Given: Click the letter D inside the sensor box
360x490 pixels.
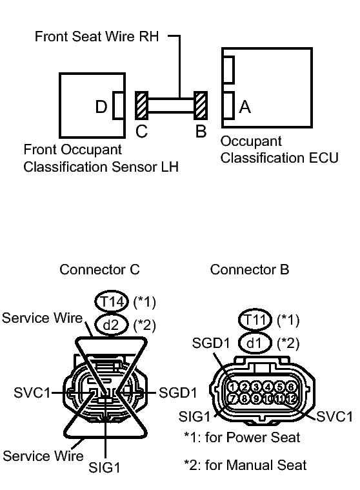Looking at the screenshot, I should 101,107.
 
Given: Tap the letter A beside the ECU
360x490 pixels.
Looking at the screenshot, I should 245,107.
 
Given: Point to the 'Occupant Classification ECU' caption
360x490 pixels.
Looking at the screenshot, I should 279,149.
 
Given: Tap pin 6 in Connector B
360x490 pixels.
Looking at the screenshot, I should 292,387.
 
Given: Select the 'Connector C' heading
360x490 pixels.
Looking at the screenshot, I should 99,269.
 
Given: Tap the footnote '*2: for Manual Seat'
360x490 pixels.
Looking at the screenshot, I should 245,464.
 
